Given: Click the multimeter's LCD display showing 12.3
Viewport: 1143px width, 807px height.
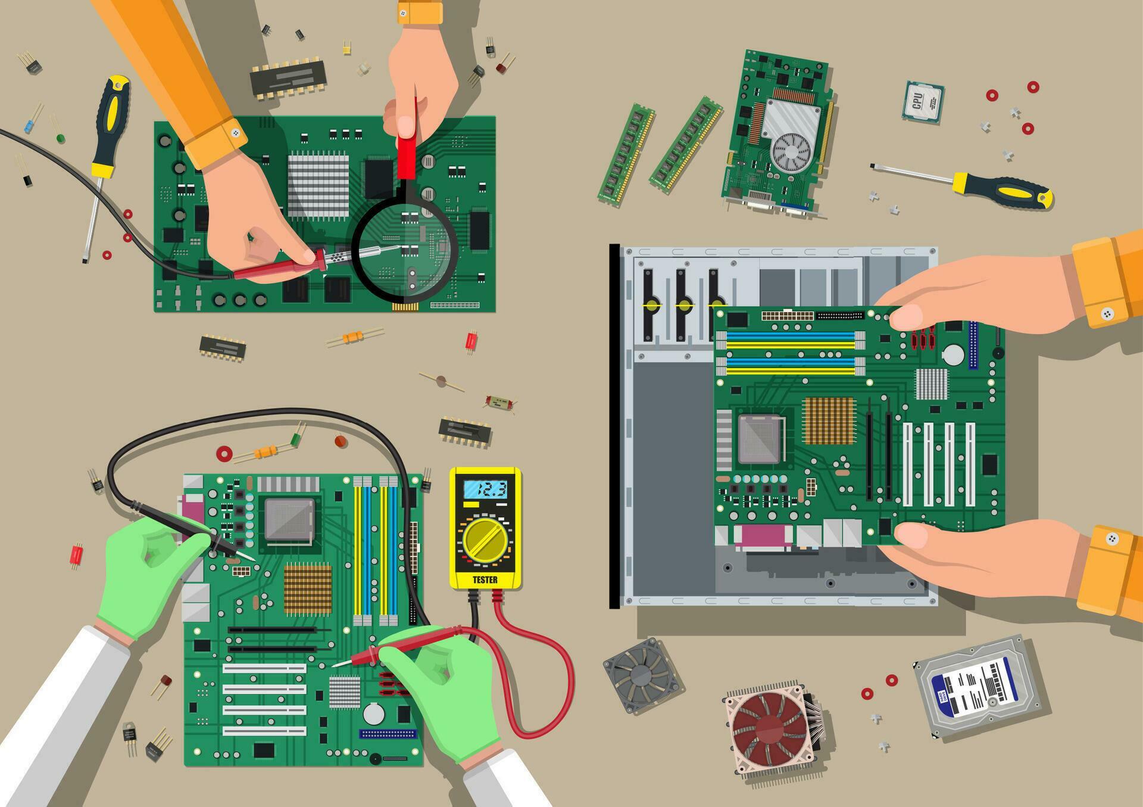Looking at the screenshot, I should pos(485,490).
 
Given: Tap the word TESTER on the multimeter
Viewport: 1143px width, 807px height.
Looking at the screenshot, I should pos(485,579).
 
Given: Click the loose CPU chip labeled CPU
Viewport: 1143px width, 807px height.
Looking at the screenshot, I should pos(922,101).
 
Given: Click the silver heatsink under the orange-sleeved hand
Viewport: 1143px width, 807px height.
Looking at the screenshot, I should pos(318,185).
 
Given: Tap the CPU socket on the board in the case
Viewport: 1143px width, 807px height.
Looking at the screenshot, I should pos(760,439).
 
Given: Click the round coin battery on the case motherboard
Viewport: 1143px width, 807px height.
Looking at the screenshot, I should pos(952,355).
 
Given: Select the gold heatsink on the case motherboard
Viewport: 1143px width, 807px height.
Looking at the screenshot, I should pos(828,421).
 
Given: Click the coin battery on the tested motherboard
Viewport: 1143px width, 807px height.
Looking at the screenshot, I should pos(374,713).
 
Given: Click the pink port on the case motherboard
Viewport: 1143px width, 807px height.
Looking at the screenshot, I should pos(764,538).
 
